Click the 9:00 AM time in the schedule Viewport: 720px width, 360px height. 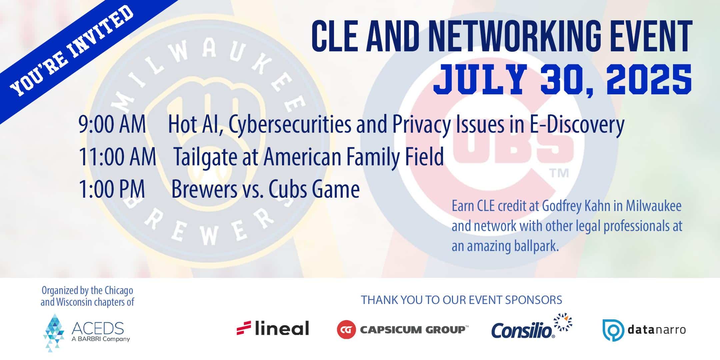point(112,125)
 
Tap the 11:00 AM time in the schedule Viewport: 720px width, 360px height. point(117,157)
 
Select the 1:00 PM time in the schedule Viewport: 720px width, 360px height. point(112,189)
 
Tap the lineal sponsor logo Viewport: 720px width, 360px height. point(273,328)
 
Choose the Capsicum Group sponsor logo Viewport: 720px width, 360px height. point(403,329)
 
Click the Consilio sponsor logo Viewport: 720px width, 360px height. point(532,326)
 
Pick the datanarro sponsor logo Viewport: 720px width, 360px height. point(644,330)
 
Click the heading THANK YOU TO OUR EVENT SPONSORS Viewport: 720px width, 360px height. point(462,300)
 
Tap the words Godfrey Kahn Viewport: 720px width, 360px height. point(577,206)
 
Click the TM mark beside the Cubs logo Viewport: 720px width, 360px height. point(558,173)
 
